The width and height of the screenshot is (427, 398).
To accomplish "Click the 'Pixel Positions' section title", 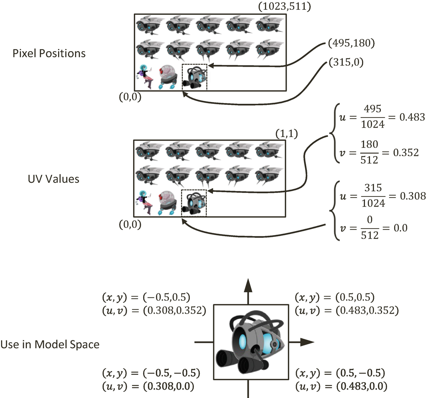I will [x=49, y=53].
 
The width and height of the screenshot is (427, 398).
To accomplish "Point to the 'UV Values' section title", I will [x=53, y=179].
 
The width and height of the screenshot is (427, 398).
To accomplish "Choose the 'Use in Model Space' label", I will [x=50, y=344].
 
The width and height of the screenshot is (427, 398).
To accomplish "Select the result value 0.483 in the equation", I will [x=412, y=117].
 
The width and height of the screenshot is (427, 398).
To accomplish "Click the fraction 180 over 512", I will [x=369, y=152].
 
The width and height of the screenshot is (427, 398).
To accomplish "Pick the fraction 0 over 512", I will [x=370, y=228].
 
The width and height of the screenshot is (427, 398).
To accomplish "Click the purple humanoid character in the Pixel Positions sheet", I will [x=145, y=78].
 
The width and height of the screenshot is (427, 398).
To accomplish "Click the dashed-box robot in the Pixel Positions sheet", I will [x=194, y=77].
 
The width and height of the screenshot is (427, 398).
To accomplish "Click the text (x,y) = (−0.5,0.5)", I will [x=146, y=297].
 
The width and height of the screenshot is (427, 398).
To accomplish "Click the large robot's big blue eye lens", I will [x=242, y=340].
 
